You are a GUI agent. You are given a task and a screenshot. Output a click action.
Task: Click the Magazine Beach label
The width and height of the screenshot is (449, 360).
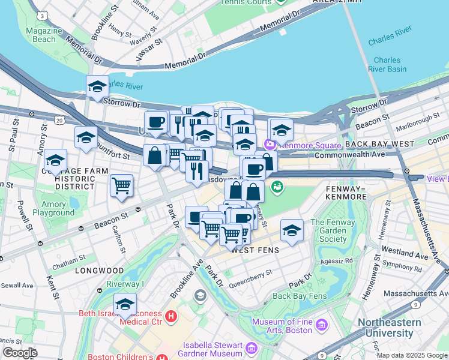pyautogui.click(x=40, y=35)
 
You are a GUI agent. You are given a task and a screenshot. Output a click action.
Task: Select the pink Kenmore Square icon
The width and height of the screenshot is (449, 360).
pyautogui.click(x=270, y=145)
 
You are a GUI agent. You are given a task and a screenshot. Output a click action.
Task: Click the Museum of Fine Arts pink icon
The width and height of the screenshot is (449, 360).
pyautogui.click(x=322, y=325)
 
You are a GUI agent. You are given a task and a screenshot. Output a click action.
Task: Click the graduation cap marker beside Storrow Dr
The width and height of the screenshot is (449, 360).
pyautogui.click(x=97, y=87)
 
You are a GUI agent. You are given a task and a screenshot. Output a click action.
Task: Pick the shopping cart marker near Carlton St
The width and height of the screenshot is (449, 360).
pyautogui.click(x=121, y=185)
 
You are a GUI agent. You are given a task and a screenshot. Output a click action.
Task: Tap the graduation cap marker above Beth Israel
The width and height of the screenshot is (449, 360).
pyautogui.click(x=125, y=304)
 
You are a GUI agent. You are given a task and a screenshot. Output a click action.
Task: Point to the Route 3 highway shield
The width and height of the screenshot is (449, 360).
pyautogui.click(x=41, y=14)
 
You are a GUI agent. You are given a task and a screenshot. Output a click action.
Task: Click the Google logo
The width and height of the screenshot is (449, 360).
pyautogui.click(x=19, y=353)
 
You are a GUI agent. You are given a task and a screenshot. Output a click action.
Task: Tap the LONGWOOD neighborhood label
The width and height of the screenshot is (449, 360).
pyautogui.click(x=99, y=271)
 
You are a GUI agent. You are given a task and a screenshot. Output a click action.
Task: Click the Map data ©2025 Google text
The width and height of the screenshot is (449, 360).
pyautogui.click(x=411, y=355)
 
